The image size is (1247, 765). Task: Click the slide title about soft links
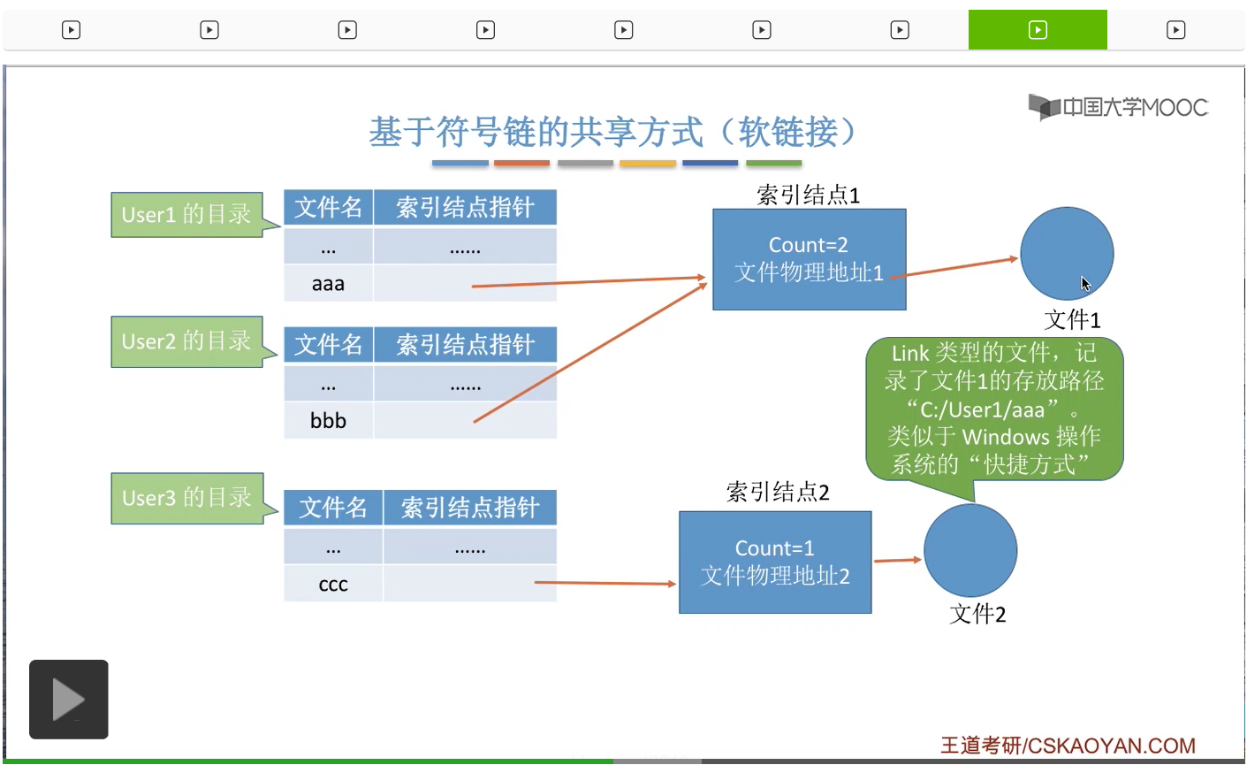(613, 133)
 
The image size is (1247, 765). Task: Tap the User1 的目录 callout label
(186, 215)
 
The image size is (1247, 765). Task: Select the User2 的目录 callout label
(186, 341)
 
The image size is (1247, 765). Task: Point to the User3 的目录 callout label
(186, 498)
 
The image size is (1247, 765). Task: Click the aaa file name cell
(328, 284)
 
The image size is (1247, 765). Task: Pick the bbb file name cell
(328, 421)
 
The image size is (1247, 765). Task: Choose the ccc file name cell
(333, 585)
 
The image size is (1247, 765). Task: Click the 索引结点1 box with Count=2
(809, 259)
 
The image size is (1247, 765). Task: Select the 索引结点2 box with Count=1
(775, 562)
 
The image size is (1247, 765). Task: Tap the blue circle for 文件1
(1067, 254)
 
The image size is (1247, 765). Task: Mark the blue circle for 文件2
(970, 550)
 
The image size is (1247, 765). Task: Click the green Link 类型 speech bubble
(994, 409)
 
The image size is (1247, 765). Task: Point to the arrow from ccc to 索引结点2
(605, 583)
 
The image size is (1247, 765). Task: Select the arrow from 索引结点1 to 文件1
(954, 267)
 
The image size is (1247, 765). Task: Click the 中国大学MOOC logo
(1118, 107)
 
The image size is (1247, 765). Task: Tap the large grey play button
(69, 700)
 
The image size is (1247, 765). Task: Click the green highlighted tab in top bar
(1038, 30)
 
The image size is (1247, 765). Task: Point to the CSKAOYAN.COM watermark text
(1068, 746)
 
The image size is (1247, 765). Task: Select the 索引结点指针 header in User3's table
(469, 508)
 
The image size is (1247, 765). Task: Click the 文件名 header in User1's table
(328, 208)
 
